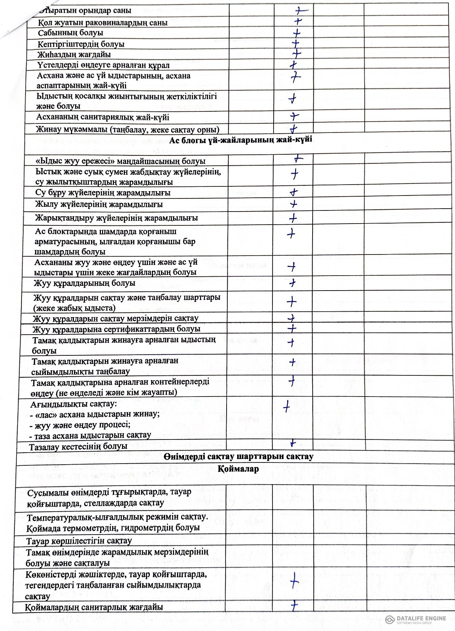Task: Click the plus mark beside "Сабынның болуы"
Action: (x=297, y=33)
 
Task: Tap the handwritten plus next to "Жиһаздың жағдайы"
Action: (x=297, y=54)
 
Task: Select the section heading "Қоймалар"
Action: (x=238, y=469)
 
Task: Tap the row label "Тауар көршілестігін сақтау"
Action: (x=79, y=541)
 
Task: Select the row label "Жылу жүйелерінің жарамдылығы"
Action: (x=99, y=204)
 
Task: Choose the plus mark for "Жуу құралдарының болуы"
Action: (x=292, y=283)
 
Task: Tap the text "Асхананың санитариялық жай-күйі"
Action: (x=103, y=118)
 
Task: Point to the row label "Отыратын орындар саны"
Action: (x=85, y=11)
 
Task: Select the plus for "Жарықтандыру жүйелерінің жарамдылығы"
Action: (x=293, y=218)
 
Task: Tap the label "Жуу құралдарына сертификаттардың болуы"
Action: (x=116, y=329)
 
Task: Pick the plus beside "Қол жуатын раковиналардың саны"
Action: (x=298, y=21)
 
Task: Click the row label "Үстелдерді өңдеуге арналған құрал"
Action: (x=103, y=66)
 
